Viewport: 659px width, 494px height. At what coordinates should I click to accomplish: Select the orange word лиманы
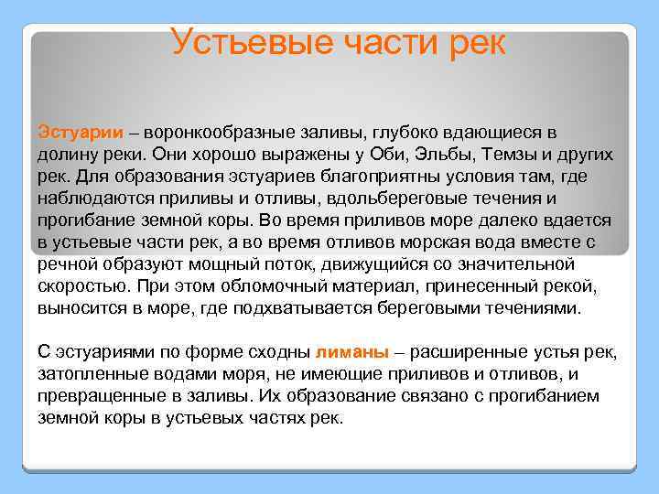pos(351,352)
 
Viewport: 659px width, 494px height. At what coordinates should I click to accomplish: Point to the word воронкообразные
pos(213,133)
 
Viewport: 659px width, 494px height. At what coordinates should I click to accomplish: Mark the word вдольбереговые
pos(446,199)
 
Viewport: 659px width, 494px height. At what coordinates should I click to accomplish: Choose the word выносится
pos(80,308)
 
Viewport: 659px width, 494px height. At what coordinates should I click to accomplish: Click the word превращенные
pos(98,396)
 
